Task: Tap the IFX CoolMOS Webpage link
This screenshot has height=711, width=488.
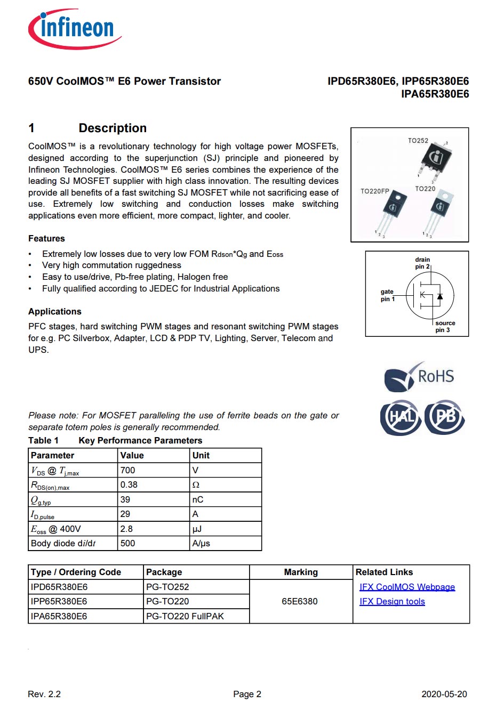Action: [407, 587]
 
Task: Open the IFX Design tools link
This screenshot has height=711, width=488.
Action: [392, 601]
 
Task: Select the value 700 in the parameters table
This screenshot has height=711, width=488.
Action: [128, 470]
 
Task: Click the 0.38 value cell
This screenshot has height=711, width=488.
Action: [129, 484]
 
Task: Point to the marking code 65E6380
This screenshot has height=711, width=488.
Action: [300, 601]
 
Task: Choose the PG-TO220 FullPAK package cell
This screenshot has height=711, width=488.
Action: [185, 616]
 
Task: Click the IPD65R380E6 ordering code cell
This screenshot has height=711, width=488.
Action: [59, 587]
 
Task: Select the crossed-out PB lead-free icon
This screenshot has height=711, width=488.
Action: [445, 416]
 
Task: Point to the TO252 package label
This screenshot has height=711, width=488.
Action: [418, 141]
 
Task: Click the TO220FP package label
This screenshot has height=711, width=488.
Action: [375, 191]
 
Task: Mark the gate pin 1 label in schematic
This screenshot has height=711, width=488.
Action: [388, 295]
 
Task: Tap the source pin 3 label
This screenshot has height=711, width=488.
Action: [444, 326]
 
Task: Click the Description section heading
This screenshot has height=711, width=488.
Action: [113, 128]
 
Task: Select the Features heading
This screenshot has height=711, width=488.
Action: [46, 238]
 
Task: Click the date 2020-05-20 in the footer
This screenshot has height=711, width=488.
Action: [444, 694]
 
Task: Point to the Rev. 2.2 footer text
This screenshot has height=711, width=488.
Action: [44, 694]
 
